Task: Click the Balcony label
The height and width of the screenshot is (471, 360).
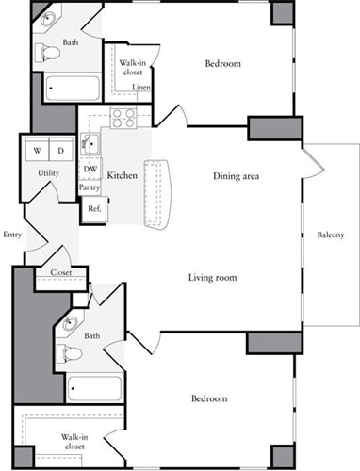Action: coord(330,235)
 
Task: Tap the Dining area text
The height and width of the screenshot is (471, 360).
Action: coord(237,176)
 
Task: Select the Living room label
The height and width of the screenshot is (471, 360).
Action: coord(212,278)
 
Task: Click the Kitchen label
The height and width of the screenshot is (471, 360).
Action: coord(123,176)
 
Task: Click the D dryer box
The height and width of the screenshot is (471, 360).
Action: coord(59,150)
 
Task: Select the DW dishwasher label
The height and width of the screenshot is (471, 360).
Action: coord(90,171)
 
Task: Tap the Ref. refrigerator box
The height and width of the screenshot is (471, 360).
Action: coord(93,208)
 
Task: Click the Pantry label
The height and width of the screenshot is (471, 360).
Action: coord(90,187)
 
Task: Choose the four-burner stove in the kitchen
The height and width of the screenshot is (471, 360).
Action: coord(124,118)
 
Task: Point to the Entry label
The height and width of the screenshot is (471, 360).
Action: coord(12,235)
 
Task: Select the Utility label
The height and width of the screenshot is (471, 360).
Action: coord(49,174)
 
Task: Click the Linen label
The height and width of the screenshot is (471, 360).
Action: coord(140,88)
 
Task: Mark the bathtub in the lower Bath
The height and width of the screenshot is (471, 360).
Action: coord(94,387)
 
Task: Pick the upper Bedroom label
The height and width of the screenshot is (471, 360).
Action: coord(223,64)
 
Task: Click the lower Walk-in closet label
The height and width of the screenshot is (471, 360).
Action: coord(76,443)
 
